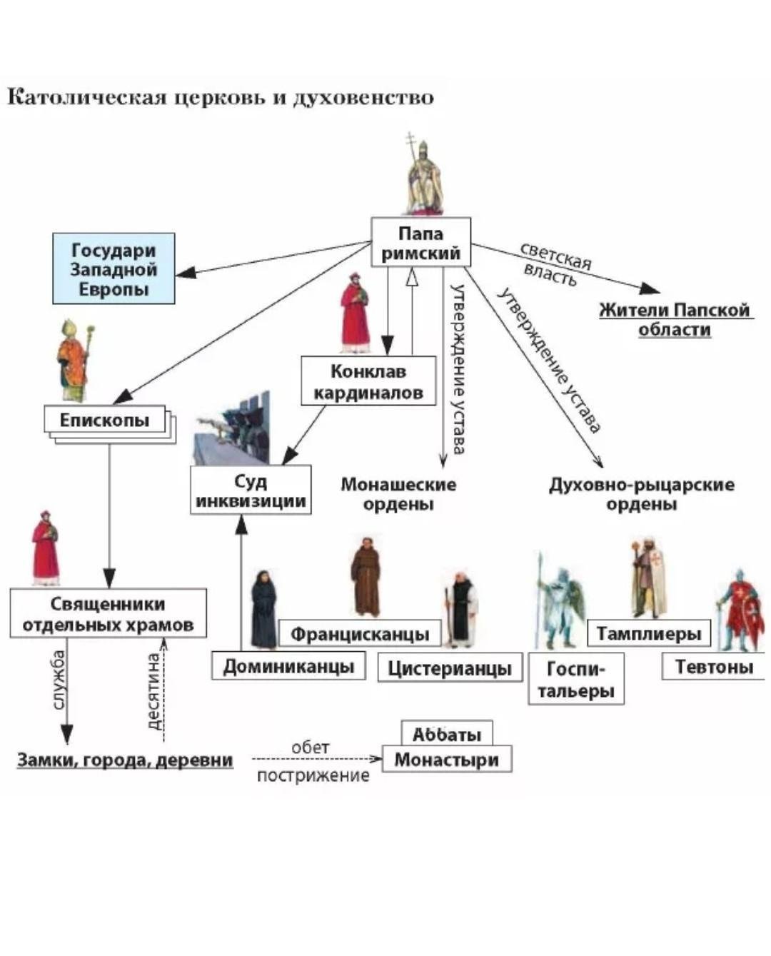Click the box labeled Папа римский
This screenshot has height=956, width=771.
tap(420, 242)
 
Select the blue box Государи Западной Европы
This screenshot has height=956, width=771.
tap(114, 268)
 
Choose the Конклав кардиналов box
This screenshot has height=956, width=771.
tap(368, 381)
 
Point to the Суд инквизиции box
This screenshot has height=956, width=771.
tap(251, 490)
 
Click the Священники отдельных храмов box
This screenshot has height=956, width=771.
tap(108, 613)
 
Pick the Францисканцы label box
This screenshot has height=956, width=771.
tap(360, 633)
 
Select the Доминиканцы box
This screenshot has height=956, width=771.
tap(288, 666)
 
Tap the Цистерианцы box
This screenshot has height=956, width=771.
tap(450, 668)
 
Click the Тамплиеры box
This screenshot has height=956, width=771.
tap(648, 633)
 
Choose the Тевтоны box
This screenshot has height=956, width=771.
tap(714, 666)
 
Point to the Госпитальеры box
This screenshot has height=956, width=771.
tap(576, 679)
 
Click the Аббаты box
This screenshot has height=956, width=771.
tap(447, 733)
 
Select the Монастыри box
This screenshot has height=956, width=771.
tap(447, 759)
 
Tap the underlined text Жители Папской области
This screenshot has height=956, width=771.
tap(675, 319)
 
